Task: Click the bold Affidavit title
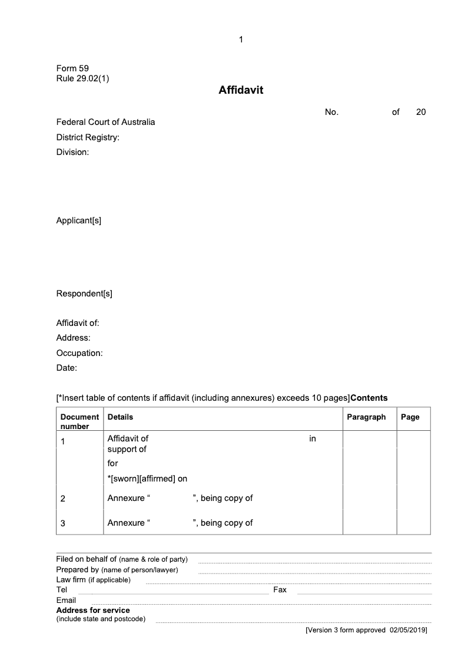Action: point(241,90)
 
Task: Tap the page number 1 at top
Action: point(241,39)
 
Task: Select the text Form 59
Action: point(72,68)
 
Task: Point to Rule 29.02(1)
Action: point(82,78)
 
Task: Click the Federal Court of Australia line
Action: point(105,122)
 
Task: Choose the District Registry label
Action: point(88,137)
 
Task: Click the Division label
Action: point(72,152)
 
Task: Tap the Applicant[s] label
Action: point(78,220)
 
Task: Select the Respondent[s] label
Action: point(84,294)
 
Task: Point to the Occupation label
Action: point(79,353)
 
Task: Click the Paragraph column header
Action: point(366,417)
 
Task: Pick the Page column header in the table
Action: point(410,417)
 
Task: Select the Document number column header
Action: point(79,421)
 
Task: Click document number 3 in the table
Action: point(63,523)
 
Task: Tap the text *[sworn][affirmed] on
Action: point(147,479)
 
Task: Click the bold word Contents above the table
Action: point(369,397)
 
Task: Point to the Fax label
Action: point(280,589)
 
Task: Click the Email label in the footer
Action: point(66,600)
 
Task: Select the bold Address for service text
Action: point(93,610)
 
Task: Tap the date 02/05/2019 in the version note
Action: point(407,630)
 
